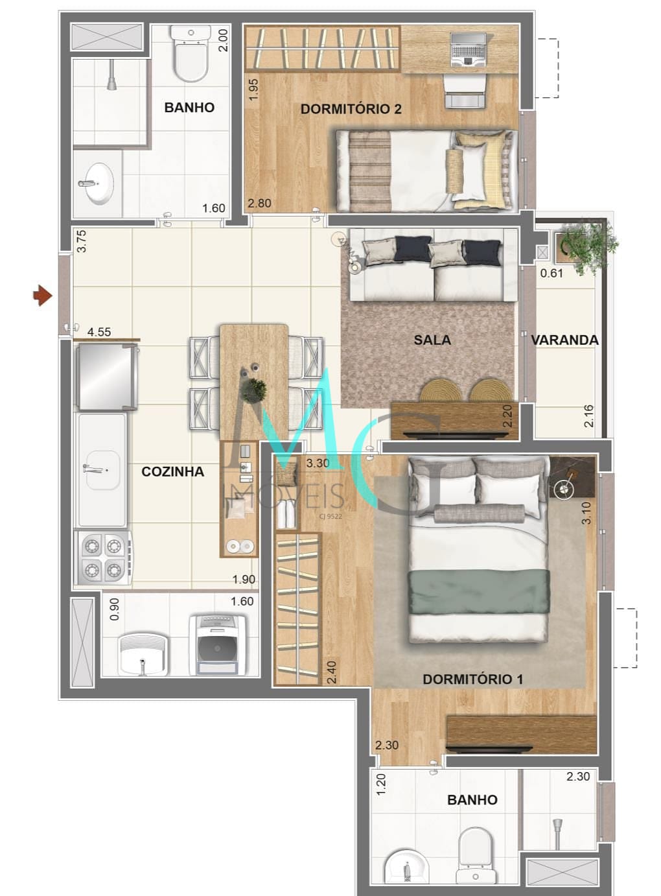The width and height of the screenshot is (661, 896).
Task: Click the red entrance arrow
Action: pyautogui.click(x=43, y=296)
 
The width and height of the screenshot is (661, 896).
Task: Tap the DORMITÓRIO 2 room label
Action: pyautogui.click(x=351, y=109)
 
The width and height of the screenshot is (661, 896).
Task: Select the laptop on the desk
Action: pyautogui.click(x=467, y=49)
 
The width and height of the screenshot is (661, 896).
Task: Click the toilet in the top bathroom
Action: pyautogui.click(x=191, y=55)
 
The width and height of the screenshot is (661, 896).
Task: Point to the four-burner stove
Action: pyautogui.click(x=104, y=558)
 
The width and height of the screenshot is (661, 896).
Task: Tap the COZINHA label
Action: pyautogui.click(x=172, y=472)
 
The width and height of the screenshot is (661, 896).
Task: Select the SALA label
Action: pyautogui.click(x=432, y=340)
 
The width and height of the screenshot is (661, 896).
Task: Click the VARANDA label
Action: pyautogui.click(x=564, y=340)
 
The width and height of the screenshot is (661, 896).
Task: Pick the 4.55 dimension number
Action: pyautogui.click(x=99, y=332)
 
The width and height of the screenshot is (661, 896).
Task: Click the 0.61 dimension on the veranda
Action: pyautogui.click(x=551, y=273)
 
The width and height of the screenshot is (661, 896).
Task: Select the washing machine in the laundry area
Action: pyautogui.click(x=218, y=644)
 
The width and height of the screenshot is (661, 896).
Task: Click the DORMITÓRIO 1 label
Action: pyautogui.click(x=472, y=679)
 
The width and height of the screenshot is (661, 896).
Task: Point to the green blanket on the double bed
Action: pyautogui.click(x=478, y=591)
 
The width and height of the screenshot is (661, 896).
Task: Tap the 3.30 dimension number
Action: pyautogui.click(x=318, y=464)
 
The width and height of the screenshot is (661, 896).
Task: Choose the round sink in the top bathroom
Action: pyautogui.click(x=100, y=183)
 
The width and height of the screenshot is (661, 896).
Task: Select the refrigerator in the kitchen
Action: pyautogui.click(x=106, y=378)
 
